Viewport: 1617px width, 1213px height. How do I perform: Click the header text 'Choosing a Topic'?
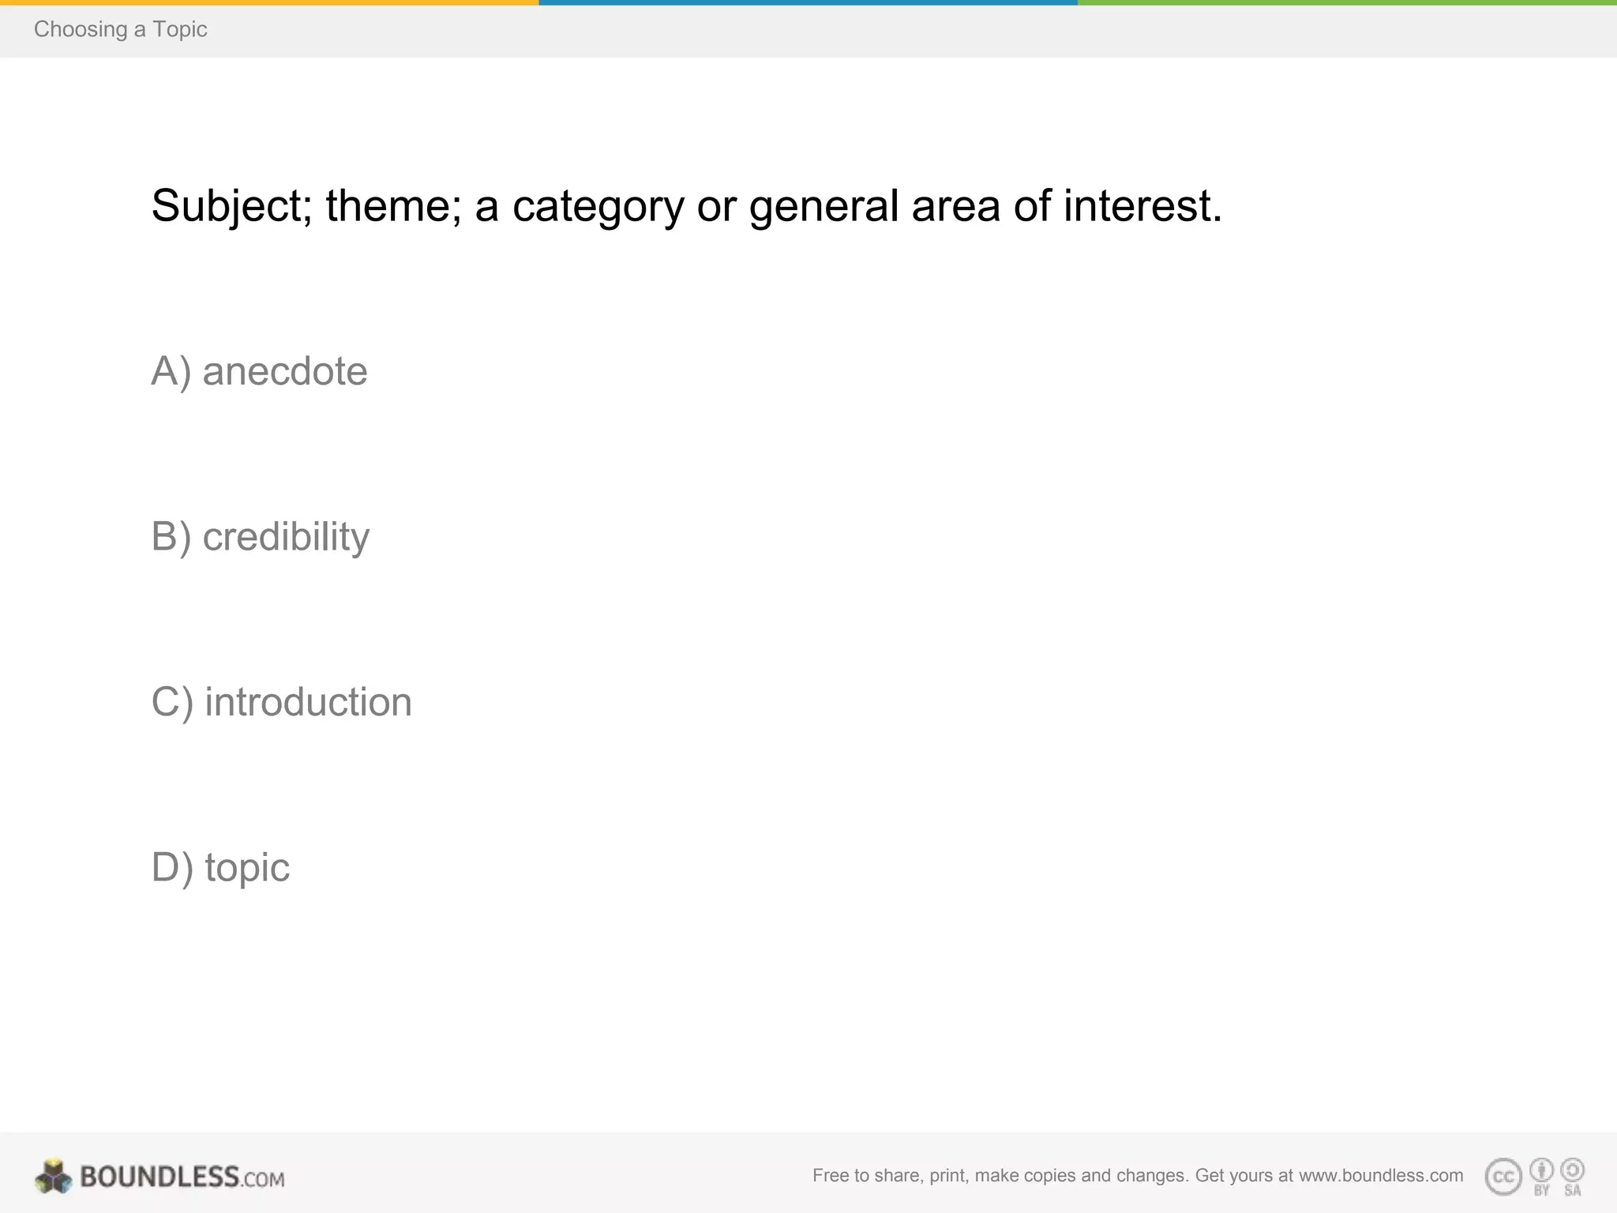pyautogui.click(x=120, y=29)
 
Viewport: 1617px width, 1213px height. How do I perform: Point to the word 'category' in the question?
pyautogui.click(x=598, y=208)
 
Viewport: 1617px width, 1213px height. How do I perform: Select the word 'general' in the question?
pyautogui.click(x=824, y=208)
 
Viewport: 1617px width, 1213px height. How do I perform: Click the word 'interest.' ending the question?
pyautogui.click(x=1142, y=206)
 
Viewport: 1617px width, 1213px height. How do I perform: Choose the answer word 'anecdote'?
pyautogui.click(x=285, y=371)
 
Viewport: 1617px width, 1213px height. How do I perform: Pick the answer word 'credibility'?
pyautogui.click(x=286, y=537)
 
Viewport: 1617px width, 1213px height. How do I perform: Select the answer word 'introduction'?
pyautogui.click(x=308, y=702)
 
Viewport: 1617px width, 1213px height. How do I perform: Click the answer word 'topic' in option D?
pyautogui.click(x=247, y=868)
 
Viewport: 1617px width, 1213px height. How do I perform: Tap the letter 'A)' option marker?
pyautogui.click(x=171, y=371)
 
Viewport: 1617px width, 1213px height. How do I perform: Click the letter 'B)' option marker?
pyautogui.click(x=171, y=537)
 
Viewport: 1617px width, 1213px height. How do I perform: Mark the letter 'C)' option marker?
pyautogui.click(x=172, y=702)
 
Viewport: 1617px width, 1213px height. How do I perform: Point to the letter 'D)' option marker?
pyautogui.click(x=172, y=868)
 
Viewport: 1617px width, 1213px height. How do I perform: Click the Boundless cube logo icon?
pyautogui.click(x=53, y=1177)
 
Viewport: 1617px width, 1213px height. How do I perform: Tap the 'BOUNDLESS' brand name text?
pyautogui.click(x=159, y=1177)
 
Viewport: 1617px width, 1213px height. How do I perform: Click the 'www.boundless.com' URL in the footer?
pyautogui.click(x=1380, y=1175)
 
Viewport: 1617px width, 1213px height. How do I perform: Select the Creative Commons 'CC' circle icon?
pyautogui.click(x=1503, y=1177)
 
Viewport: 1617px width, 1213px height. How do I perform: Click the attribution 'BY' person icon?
pyautogui.click(x=1541, y=1171)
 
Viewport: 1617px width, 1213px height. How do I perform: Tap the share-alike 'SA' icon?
pyautogui.click(x=1572, y=1171)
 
